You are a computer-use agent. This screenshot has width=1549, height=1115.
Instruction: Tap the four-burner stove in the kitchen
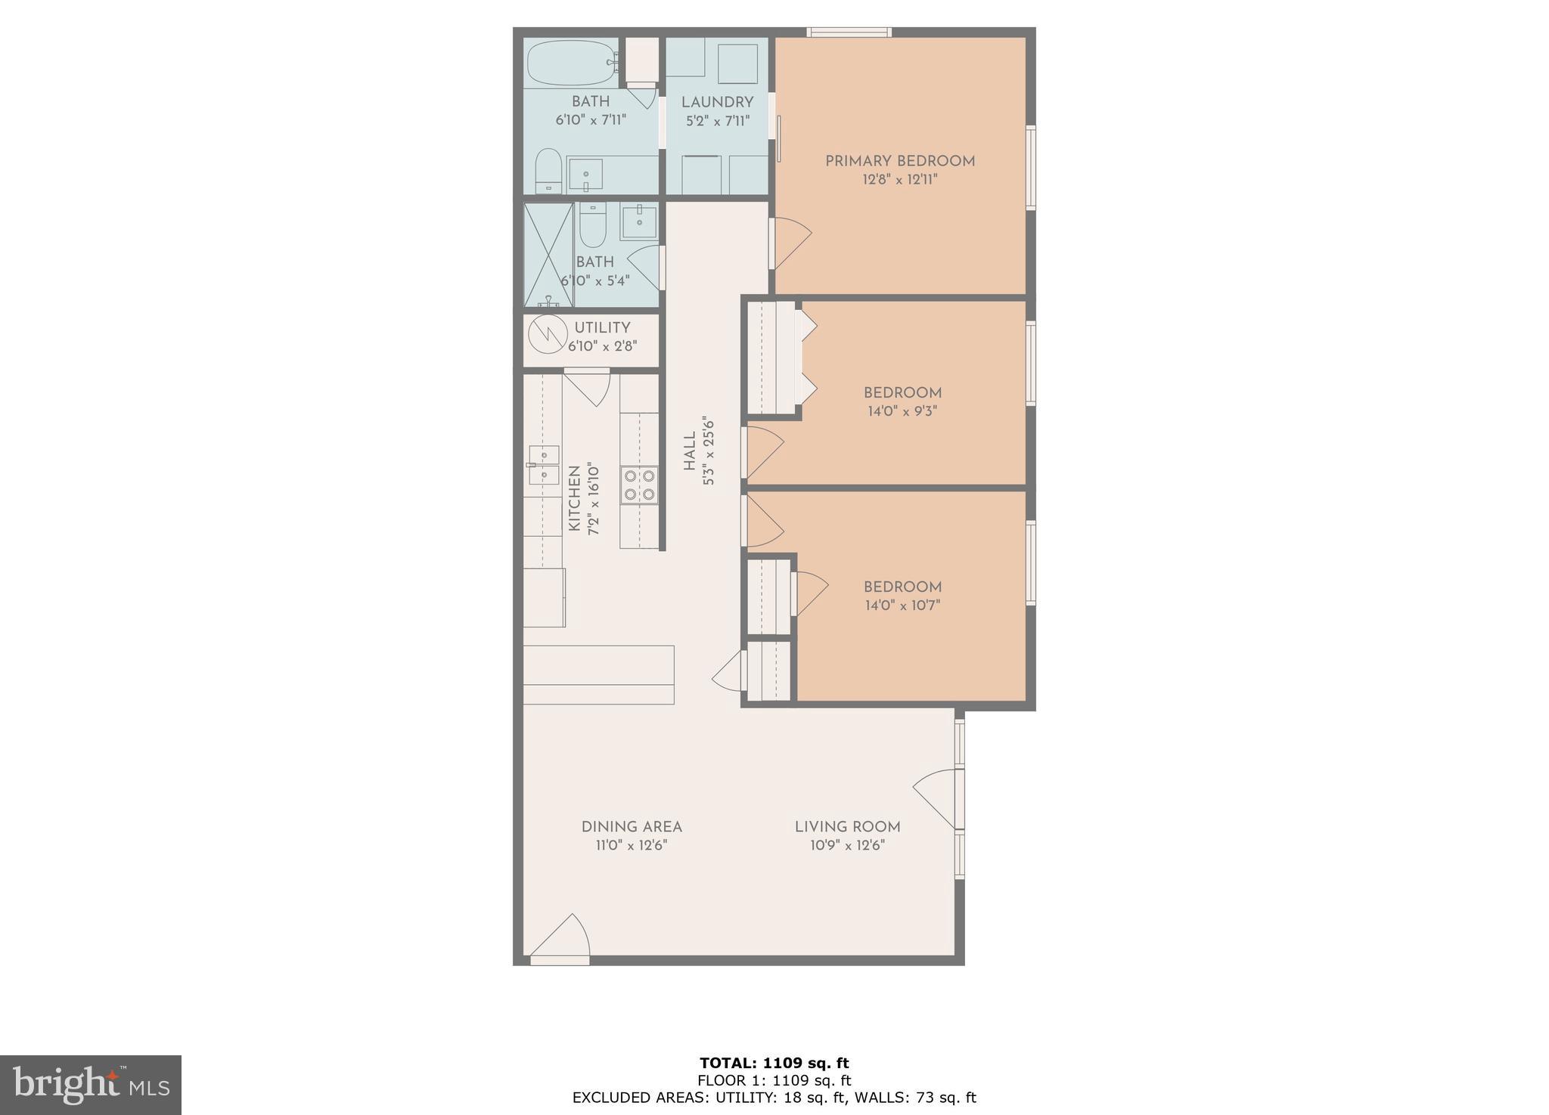point(639,485)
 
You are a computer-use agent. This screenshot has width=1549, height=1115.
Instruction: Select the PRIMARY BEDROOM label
point(899,161)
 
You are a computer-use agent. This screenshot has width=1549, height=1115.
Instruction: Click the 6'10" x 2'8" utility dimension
point(603,346)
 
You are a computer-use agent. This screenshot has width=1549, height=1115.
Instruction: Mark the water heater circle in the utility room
point(547,333)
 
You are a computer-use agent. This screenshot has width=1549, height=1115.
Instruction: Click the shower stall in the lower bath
point(548,255)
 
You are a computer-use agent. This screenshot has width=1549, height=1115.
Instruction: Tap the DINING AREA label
point(632,827)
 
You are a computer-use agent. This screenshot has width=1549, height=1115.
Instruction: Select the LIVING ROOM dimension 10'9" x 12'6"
point(847,845)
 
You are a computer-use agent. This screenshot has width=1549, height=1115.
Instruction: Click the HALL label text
point(689,451)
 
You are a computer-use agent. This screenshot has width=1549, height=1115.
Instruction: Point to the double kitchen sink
point(543,465)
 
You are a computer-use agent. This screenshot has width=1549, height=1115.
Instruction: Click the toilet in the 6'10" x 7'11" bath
point(548,171)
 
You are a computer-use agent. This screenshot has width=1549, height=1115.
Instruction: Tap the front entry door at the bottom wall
point(560,940)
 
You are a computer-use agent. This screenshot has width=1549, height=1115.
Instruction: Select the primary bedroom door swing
point(790,242)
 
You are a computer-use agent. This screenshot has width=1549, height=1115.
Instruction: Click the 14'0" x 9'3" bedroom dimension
point(902,412)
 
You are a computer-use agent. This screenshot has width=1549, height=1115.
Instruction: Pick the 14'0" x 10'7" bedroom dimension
point(902,606)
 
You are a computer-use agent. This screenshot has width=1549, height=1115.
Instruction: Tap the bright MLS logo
point(90,1086)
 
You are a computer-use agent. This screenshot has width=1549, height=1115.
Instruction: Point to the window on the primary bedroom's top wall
point(849,32)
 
